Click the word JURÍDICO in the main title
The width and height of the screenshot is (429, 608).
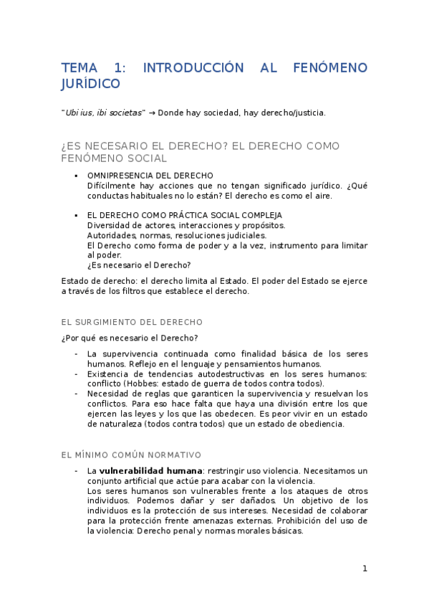[90, 85]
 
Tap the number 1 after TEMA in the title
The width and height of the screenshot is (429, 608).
[119, 68]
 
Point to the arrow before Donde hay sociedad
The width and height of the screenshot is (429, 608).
[152, 113]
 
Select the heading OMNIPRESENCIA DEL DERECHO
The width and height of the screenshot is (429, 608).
[150, 175]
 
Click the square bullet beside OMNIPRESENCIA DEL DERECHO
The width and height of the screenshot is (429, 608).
[76, 176]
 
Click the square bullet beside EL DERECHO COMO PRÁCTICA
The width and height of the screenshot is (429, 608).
[76, 215]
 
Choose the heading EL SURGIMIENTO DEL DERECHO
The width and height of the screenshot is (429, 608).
[132, 322]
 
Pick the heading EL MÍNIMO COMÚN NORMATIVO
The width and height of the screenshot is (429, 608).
[131, 455]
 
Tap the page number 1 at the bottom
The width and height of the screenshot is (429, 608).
[365, 569]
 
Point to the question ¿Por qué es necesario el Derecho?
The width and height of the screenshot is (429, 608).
[130, 338]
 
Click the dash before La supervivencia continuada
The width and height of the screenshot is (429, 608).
[76, 353]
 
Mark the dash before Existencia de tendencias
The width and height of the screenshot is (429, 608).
[76, 374]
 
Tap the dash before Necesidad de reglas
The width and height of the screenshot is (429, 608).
[76, 394]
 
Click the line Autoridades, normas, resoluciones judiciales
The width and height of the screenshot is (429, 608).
[176, 235]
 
